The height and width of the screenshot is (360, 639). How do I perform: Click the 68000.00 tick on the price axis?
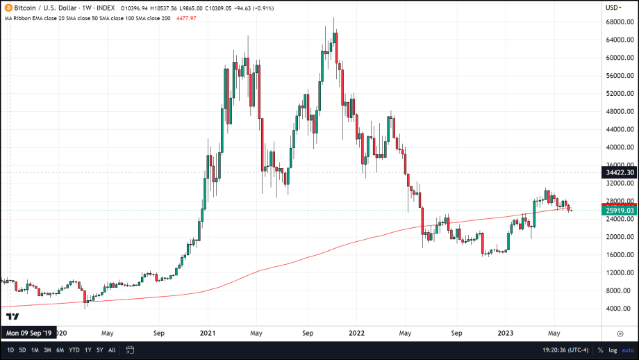[618, 22]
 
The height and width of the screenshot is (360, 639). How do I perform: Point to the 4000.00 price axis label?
[620, 309]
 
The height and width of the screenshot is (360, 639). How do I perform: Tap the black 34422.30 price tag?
[620, 172]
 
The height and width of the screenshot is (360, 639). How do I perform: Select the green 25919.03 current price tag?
[620, 210]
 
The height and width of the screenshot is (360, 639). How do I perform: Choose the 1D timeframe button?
[11, 350]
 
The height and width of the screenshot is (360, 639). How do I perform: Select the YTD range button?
[74, 350]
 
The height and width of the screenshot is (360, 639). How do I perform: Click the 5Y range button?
[100, 350]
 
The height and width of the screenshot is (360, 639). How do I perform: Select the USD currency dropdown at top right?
[613, 8]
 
